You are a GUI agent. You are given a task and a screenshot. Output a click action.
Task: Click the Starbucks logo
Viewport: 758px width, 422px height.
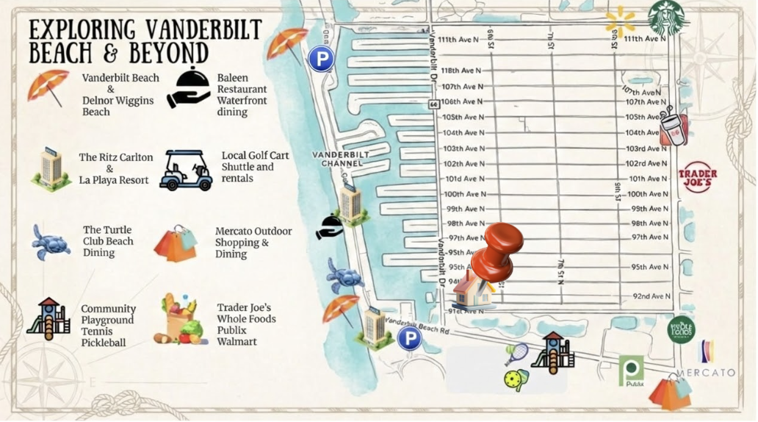click(x=666, y=18)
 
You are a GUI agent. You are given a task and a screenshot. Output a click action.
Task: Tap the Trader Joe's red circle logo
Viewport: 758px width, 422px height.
click(x=697, y=177)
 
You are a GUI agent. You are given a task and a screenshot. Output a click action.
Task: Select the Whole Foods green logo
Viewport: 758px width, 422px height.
click(x=681, y=329)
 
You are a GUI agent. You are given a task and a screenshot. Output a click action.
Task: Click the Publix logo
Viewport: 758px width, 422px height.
click(x=631, y=371)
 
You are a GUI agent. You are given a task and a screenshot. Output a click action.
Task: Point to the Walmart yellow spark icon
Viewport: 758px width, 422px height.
click(x=620, y=21)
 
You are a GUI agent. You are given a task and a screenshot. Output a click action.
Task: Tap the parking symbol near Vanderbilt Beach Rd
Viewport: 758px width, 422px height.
click(x=409, y=338)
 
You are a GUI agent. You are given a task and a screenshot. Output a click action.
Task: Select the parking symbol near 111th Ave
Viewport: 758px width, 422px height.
click(x=321, y=59)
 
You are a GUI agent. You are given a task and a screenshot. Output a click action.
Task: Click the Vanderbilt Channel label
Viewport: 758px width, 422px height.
click(x=340, y=159)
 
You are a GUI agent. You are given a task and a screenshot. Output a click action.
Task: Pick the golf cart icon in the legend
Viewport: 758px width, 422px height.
click(x=186, y=170)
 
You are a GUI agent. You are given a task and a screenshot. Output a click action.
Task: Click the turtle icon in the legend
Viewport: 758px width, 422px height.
click(x=51, y=242)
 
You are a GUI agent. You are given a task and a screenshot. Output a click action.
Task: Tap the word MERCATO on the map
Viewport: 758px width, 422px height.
click(x=706, y=373)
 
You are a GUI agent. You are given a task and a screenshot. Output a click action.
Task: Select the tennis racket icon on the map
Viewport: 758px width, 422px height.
click(x=516, y=354)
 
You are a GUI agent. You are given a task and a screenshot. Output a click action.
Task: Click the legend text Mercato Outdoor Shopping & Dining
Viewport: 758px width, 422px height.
click(x=253, y=242)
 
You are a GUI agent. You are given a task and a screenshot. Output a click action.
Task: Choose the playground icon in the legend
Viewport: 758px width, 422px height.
click(x=48, y=319)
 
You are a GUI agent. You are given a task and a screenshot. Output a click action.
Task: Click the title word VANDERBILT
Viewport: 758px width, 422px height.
click(x=203, y=30)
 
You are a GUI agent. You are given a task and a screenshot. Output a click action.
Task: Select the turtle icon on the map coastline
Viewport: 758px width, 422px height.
click(x=344, y=276)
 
